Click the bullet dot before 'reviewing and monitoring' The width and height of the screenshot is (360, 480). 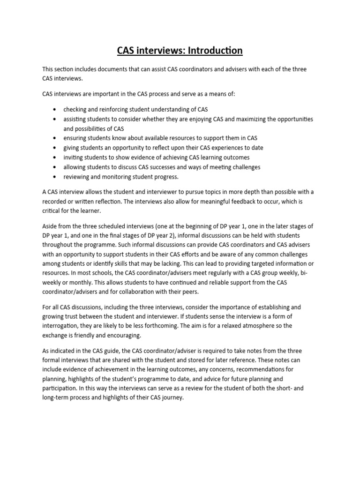coord(55,177)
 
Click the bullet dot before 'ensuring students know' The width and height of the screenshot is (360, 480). coord(55,138)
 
